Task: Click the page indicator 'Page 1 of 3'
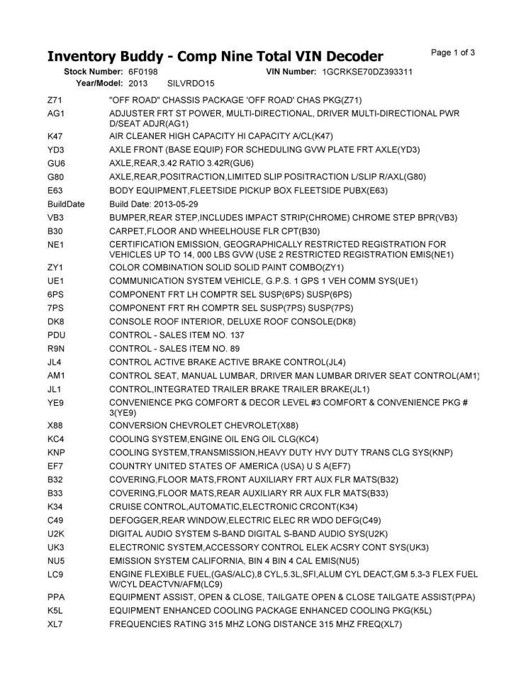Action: point(453,52)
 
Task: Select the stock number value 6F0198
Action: point(143,72)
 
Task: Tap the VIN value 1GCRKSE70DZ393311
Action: point(367,72)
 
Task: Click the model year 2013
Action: point(138,83)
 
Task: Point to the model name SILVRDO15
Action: point(190,83)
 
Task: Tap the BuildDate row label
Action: point(66,204)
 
